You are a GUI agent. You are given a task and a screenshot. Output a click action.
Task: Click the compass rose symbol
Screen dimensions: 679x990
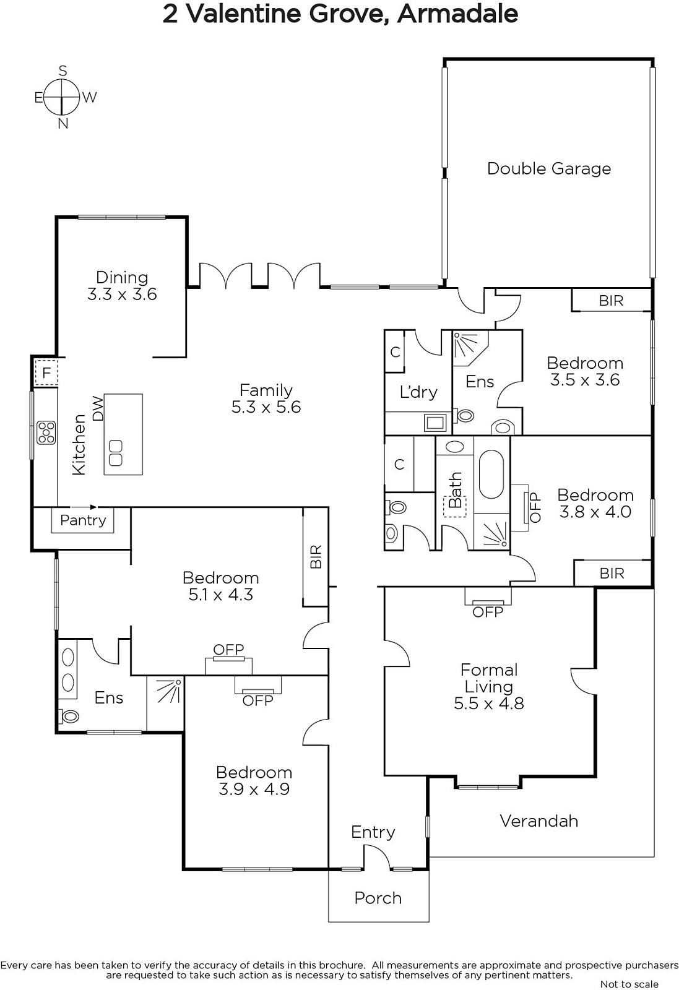(x=63, y=97)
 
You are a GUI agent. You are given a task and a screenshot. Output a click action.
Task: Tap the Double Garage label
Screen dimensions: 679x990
(x=549, y=169)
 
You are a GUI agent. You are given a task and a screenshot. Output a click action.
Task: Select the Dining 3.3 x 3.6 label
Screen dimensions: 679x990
(x=122, y=286)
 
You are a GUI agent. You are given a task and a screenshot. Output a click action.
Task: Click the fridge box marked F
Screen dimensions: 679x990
(x=46, y=373)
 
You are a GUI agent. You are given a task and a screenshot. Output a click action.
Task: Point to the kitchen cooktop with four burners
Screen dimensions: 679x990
(x=46, y=433)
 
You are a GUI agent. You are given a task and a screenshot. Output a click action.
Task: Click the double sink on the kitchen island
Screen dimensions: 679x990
(x=115, y=452)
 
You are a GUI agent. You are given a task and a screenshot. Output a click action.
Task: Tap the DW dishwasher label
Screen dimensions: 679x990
(x=98, y=408)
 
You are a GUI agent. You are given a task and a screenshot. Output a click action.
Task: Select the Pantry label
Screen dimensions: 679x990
(x=83, y=520)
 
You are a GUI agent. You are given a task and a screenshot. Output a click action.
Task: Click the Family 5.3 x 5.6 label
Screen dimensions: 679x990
(x=266, y=398)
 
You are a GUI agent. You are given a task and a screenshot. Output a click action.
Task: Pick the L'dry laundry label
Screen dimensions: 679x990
(x=418, y=392)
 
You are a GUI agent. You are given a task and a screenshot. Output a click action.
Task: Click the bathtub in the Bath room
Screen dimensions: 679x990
(x=491, y=474)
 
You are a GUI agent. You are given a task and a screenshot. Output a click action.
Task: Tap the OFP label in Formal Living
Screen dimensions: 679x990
(x=488, y=612)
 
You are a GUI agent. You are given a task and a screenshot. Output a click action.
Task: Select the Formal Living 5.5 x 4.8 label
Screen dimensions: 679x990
(x=489, y=686)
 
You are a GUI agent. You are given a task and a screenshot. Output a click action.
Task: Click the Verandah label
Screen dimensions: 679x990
(x=539, y=821)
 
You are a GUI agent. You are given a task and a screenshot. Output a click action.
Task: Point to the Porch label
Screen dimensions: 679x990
(x=378, y=898)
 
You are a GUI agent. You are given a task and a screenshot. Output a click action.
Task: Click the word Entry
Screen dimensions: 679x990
(x=373, y=832)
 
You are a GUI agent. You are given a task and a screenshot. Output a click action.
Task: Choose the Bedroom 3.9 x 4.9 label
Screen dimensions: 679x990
(x=254, y=781)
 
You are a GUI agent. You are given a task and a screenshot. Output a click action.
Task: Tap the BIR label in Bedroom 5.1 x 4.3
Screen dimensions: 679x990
(x=316, y=556)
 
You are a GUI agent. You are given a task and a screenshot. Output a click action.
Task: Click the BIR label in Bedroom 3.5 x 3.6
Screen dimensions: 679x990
(x=612, y=301)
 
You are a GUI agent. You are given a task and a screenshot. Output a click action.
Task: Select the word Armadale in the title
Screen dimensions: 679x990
(x=457, y=14)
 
